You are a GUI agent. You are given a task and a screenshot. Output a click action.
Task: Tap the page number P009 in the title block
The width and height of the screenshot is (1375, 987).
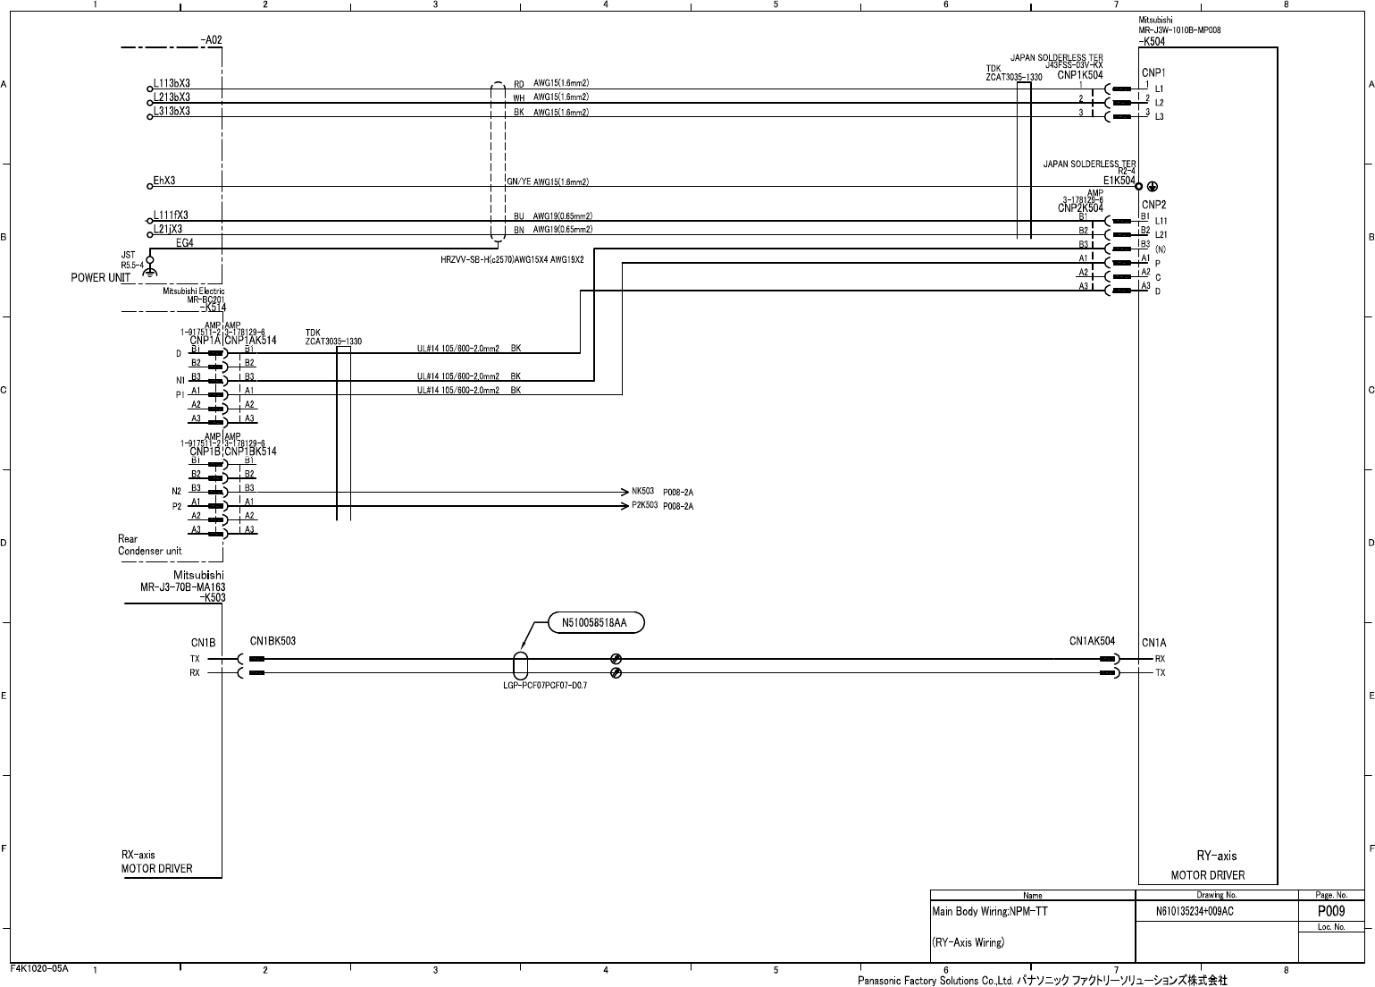click(x=1331, y=911)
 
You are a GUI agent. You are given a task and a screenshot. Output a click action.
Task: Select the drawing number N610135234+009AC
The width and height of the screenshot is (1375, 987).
click(x=1195, y=912)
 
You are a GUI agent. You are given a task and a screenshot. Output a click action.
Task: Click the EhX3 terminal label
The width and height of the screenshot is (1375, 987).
click(x=164, y=181)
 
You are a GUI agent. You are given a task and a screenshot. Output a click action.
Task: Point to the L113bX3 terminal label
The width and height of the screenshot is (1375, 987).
click(x=172, y=83)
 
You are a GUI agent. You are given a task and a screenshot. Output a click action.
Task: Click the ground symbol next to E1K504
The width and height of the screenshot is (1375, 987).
click(x=1153, y=186)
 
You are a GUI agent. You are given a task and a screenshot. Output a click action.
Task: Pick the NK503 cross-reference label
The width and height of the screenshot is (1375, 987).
click(x=643, y=491)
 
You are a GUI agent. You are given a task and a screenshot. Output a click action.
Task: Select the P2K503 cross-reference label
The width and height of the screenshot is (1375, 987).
click(x=645, y=505)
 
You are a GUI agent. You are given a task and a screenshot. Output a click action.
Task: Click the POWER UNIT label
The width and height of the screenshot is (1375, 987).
click(x=101, y=277)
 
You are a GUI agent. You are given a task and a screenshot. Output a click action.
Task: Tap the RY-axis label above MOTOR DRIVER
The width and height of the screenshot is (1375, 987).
click(x=1217, y=856)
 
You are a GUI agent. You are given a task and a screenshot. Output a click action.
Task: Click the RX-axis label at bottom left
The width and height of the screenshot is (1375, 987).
click(x=138, y=855)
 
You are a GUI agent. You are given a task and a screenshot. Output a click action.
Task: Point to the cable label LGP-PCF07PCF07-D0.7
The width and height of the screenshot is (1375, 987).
click(x=545, y=685)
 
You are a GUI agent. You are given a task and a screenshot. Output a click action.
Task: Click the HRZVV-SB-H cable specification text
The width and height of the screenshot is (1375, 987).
click(x=512, y=259)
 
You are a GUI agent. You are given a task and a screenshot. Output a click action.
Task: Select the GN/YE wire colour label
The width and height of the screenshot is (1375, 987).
click(x=519, y=182)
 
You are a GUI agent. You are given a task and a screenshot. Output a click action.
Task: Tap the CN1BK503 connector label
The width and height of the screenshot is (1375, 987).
click(x=272, y=641)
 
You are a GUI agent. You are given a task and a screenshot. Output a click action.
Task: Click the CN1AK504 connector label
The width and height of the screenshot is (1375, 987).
click(x=1092, y=641)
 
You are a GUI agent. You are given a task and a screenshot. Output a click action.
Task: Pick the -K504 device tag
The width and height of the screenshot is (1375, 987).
click(x=1152, y=41)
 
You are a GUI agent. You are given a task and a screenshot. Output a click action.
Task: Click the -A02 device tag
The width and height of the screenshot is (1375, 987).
click(x=211, y=40)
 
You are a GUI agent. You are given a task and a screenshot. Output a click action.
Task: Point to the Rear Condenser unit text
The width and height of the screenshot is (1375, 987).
click(x=150, y=544)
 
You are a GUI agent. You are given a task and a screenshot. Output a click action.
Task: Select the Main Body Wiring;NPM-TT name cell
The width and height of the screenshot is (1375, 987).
click(x=989, y=912)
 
